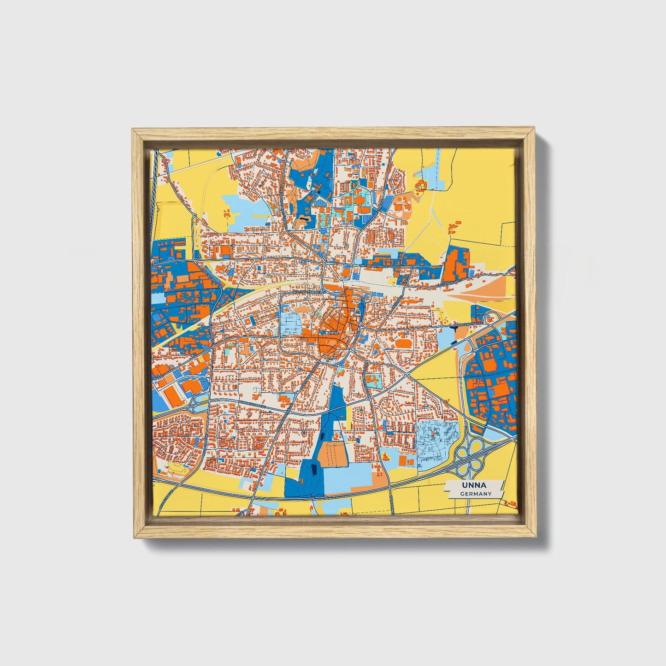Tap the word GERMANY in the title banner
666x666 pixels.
[475, 494]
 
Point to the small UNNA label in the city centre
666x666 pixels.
[332, 332]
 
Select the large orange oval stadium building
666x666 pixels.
[404, 343]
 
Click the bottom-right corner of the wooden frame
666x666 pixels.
[537, 537]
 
